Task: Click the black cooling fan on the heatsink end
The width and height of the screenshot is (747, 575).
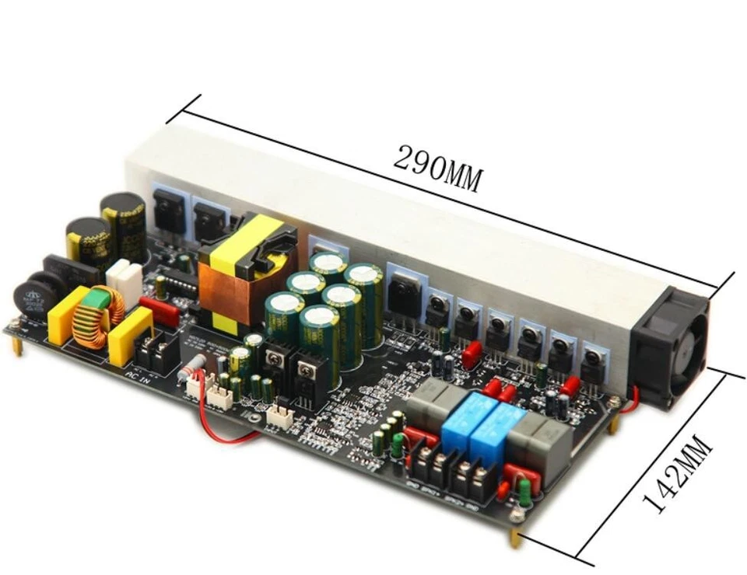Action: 671,342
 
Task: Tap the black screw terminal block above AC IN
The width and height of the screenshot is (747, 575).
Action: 160,354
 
